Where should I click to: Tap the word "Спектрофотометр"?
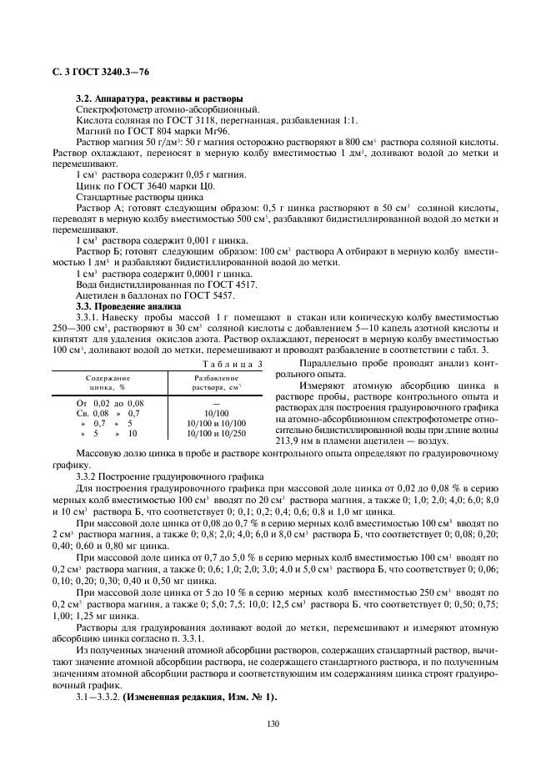pyautogui.click(x=113, y=110)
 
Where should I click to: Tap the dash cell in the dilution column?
pyautogui.click(x=215, y=402)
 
